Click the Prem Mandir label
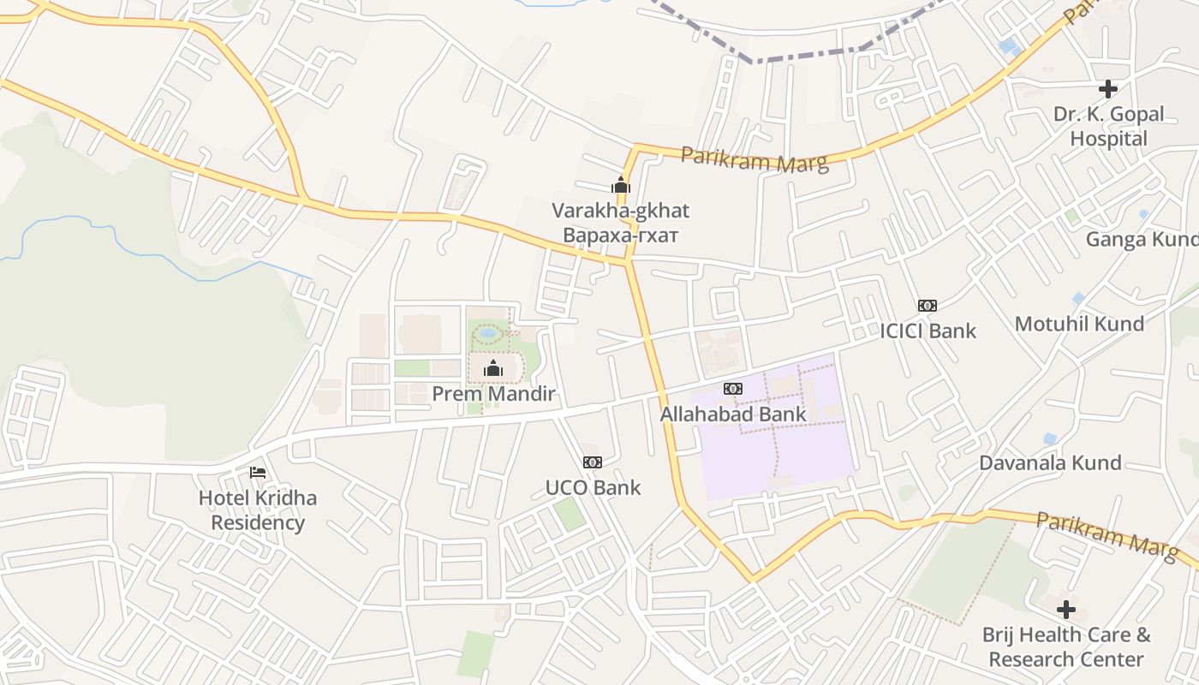click(493, 394)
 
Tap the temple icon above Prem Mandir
click(493, 369)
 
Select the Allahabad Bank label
click(733, 414)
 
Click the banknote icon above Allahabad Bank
click(732, 389)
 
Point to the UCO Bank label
click(593, 488)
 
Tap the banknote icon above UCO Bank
click(592, 462)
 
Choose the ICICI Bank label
click(928, 331)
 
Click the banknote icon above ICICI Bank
click(927, 306)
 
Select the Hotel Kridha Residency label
click(258, 510)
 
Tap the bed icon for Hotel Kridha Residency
click(257, 473)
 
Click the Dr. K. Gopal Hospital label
click(1109, 127)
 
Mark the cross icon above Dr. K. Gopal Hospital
click(1108, 89)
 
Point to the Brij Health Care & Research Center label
click(1066, 647)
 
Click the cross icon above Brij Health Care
click(1066, 610)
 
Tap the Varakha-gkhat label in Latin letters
click(620, 211)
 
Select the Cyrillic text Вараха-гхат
click(620, 235)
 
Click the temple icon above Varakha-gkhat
click(620, 185)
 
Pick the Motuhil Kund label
click(1079, 324)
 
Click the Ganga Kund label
click(1142, 239)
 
